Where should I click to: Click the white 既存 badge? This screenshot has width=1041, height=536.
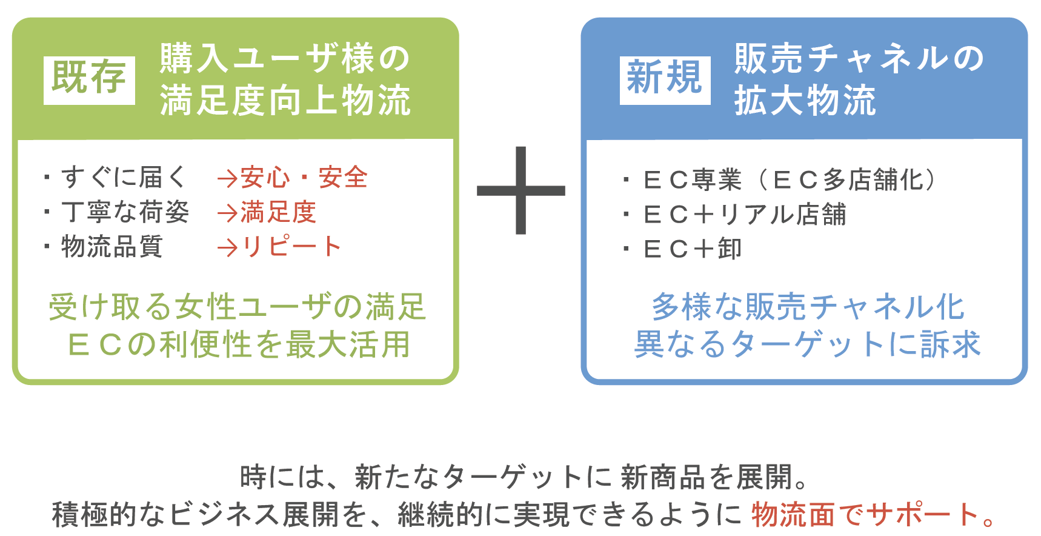click(x=89, y=80)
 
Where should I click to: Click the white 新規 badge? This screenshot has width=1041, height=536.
click(x=665, y=80)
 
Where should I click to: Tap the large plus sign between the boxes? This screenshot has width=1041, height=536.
click(x=521, y=190)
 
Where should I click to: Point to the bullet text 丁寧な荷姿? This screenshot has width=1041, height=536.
click(x=125, y=212)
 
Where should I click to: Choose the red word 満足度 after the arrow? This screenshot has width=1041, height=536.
click(x=279, y=212)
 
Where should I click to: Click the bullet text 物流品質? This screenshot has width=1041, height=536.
click(x=112, y=247)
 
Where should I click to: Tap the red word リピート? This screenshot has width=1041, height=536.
click(x=292, y=247)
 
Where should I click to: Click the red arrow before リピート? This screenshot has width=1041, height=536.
click(x=227, y=247)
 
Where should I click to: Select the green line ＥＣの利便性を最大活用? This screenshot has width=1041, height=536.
click(x=239, y=344)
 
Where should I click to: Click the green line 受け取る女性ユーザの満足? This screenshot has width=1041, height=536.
click(x=238, y=306)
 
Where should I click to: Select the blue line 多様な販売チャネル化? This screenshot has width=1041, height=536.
click(x=808, y=306)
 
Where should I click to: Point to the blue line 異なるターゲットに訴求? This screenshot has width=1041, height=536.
click(x=807, y=344)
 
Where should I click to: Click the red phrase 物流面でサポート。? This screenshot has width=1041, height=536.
click(x=873, y=515)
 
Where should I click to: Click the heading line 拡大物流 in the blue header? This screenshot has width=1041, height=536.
click(x=805, y=101)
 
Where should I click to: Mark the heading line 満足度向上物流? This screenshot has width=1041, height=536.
click(x=285, y=101)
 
